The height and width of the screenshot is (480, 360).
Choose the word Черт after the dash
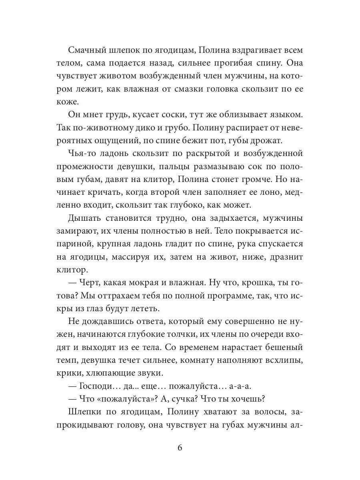coord(88,282)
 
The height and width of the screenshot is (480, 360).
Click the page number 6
coord(180,448)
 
